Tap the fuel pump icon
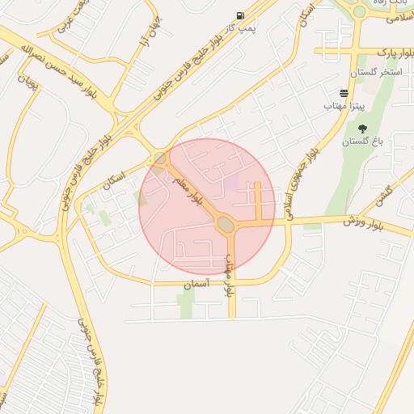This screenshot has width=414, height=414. click(240, 15)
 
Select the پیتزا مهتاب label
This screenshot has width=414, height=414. click(345, 106)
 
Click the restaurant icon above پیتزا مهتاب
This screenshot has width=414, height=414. click(344, 93)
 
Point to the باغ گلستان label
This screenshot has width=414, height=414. click(361, 142)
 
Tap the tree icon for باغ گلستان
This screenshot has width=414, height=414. click(361, 129)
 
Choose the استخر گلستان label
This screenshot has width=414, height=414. click(379, 73)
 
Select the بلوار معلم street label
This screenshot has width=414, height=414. click(188, 188)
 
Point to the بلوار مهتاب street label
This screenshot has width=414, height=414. click(230, 276)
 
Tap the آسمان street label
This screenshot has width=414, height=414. click(196, 284)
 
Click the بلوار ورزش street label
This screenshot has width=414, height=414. click(349, 220)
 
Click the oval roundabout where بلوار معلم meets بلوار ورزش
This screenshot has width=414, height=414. click(226, 226)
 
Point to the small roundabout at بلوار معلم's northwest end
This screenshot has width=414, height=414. click(159, 158)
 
